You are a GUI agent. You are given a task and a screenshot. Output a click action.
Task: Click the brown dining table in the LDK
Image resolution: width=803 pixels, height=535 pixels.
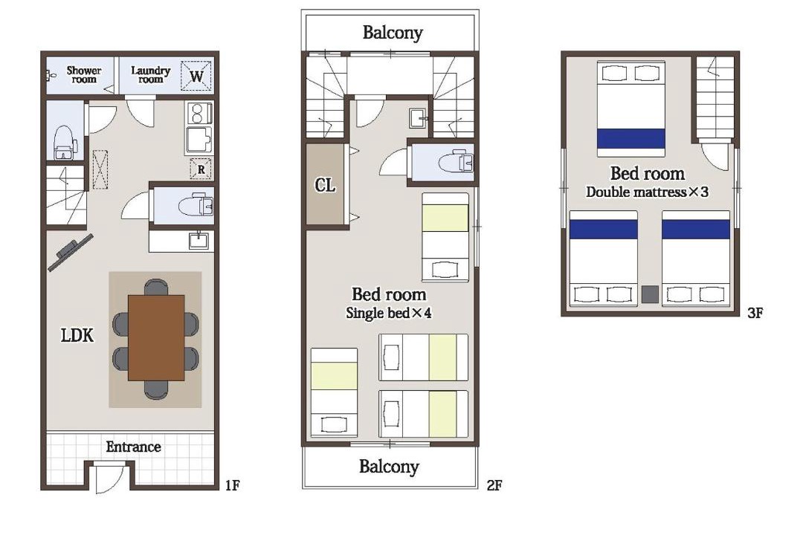point(156,337)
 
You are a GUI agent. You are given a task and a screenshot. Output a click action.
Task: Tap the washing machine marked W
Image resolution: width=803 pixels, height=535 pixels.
point(196,76)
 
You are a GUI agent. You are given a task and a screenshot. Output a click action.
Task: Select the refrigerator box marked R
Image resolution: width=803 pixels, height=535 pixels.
point(201,169)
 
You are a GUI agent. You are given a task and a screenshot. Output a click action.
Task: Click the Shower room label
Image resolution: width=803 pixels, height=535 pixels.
point(84,75)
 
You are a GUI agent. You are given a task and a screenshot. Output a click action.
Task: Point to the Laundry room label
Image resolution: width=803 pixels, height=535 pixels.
point(150,75)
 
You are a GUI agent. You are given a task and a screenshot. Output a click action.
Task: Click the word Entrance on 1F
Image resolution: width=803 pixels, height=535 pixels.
point(133,447)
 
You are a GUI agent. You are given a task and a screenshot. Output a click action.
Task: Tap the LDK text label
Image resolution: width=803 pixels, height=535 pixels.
point(77,335)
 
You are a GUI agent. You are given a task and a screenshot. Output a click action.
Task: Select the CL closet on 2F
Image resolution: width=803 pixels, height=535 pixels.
point(325,184)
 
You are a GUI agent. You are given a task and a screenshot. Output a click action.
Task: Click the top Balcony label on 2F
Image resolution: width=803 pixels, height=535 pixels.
point(393,32)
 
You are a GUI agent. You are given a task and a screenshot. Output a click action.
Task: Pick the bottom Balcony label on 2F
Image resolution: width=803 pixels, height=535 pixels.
point(389,467)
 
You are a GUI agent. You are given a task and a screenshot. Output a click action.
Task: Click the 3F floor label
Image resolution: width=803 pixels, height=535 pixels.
point(755,312)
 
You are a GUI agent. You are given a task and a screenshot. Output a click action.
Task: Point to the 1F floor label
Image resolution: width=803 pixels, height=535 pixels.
point(232,484)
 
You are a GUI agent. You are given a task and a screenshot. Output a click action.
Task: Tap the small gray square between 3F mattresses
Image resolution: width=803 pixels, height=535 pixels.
point(650,294)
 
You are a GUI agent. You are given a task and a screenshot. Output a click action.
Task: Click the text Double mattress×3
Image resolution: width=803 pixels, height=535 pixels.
point(648,192)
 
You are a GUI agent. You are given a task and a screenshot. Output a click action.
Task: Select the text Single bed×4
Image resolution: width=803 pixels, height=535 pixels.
point(389,312)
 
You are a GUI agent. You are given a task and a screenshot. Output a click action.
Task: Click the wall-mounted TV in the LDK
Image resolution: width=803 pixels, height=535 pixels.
point(71,253)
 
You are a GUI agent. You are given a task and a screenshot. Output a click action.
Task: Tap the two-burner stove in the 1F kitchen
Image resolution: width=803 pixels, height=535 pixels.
point(199,113)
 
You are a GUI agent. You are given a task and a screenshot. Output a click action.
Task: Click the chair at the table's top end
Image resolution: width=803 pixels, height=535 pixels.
point(155,287)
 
